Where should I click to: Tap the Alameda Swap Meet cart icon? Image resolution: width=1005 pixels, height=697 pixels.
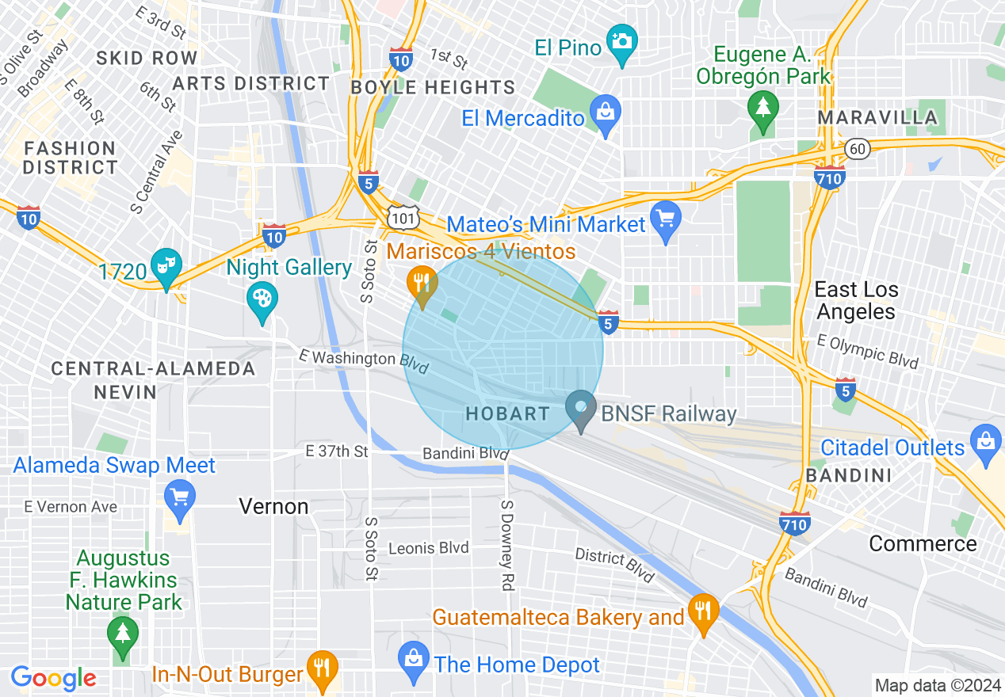click(180, 500)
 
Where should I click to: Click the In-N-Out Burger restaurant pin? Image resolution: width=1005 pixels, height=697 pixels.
click(322, 670)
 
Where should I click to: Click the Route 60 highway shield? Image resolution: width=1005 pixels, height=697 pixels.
click(856, 148)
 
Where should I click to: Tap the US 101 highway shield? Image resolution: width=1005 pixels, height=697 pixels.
click(401, 217)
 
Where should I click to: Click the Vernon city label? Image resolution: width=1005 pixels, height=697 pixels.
click(273, 506)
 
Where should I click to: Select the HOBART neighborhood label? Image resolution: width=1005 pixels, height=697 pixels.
click(507, 413)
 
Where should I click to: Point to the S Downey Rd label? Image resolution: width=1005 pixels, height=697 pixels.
click(508, 545)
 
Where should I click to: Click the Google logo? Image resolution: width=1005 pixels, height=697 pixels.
click(54, 678)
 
